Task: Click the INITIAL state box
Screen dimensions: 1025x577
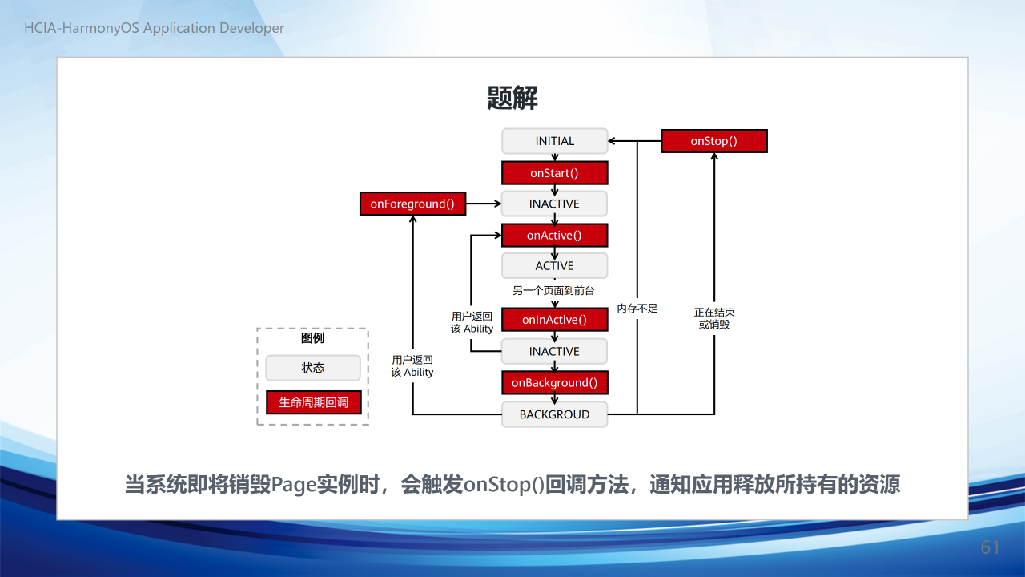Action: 555,141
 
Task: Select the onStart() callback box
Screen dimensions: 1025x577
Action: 555,173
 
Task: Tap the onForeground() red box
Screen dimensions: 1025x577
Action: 412,204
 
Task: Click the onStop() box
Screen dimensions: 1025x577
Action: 714,141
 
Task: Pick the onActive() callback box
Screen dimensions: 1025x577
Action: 555,236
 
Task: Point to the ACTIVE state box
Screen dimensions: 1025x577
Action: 555,266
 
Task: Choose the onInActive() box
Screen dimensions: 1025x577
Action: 555,320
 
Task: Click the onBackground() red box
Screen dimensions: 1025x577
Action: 555,383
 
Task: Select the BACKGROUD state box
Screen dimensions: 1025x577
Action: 555,414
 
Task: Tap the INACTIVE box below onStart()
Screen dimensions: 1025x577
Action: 555,204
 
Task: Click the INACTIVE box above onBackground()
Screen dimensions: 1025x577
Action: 555,351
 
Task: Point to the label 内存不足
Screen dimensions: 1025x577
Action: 637,309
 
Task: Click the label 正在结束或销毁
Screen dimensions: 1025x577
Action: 714,318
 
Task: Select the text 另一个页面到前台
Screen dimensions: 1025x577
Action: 553,291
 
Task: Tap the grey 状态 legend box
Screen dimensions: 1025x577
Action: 313,368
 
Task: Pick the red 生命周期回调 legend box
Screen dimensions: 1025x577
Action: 313,402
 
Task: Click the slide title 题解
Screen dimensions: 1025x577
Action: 512,98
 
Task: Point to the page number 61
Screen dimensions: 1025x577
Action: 990,547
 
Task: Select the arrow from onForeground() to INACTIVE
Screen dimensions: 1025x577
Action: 484,204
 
